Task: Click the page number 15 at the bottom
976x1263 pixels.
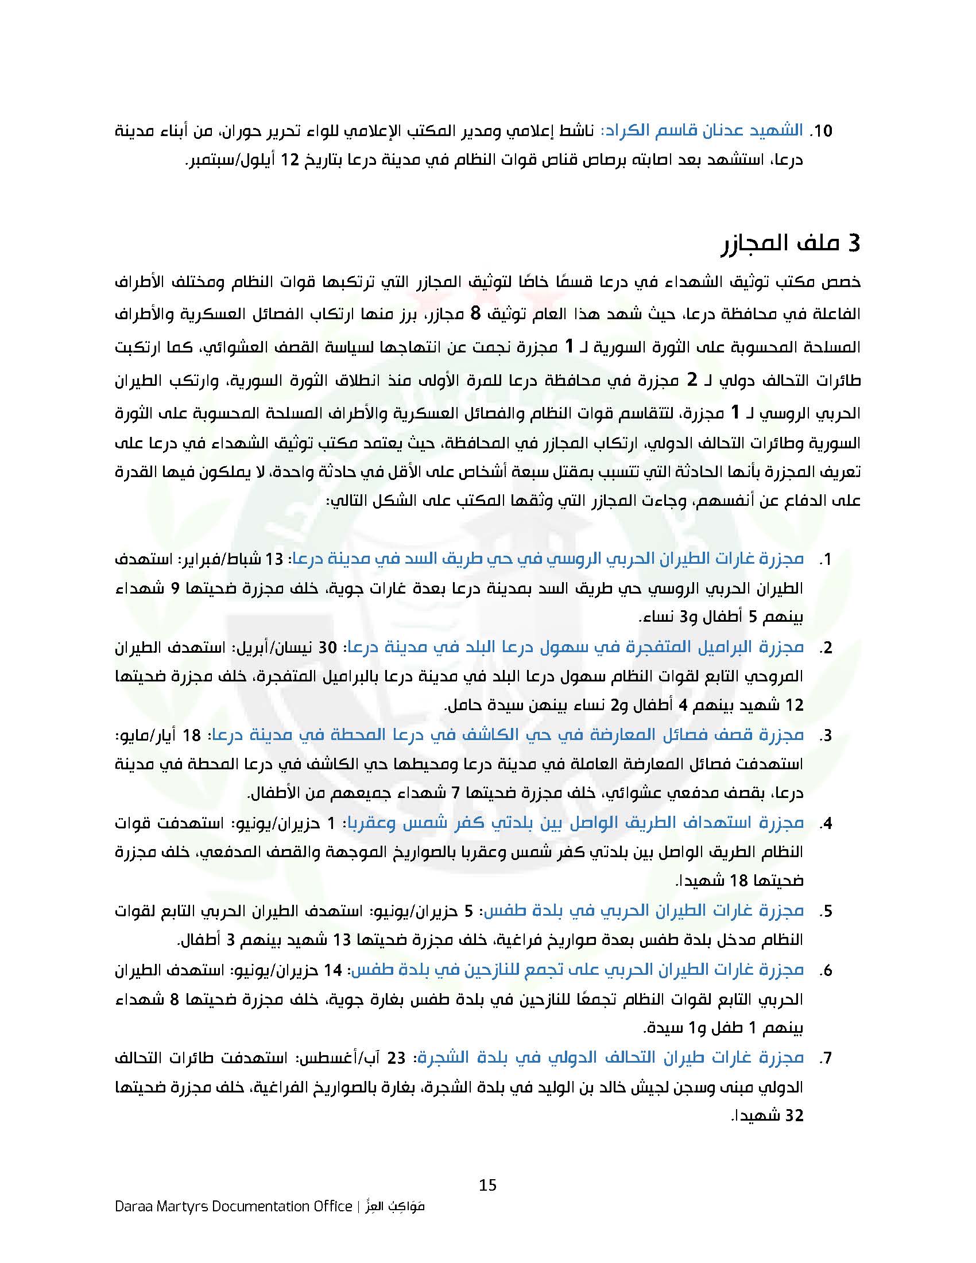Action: point(487,1185)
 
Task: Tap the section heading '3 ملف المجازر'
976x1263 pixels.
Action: point(792,243)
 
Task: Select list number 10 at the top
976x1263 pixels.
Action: point(821,131)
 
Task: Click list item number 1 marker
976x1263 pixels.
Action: point(826,559)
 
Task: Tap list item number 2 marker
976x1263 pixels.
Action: point(825,648)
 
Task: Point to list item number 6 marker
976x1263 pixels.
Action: point(825,970)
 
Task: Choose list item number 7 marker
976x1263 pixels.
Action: point(825,1057)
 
